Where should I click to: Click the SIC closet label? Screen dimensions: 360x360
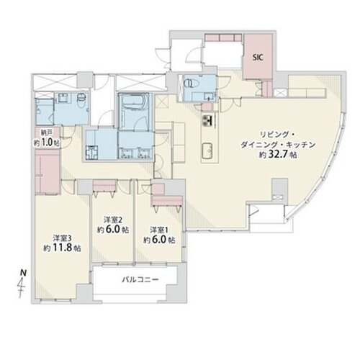[258, 58]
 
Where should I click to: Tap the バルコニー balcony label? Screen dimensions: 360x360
[140, 279]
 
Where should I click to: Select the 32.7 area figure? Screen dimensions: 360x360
[279, 154]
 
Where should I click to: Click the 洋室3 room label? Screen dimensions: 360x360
[62, 238]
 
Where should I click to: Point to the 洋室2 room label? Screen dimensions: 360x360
[113, 220]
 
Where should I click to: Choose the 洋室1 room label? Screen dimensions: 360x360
[159, 230]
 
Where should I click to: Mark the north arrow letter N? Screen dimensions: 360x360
[23, 273]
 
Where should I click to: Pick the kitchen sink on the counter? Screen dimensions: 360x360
[207, 150]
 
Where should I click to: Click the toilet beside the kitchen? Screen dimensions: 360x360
[191, 84]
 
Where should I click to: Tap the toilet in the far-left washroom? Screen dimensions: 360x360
[81, 101]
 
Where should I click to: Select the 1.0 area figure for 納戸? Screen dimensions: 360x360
[47, 143]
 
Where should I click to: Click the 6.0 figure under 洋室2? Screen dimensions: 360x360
[112, 230]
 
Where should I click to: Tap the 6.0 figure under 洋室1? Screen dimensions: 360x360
[158, 240]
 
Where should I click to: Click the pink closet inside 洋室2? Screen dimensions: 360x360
[104, 185]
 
